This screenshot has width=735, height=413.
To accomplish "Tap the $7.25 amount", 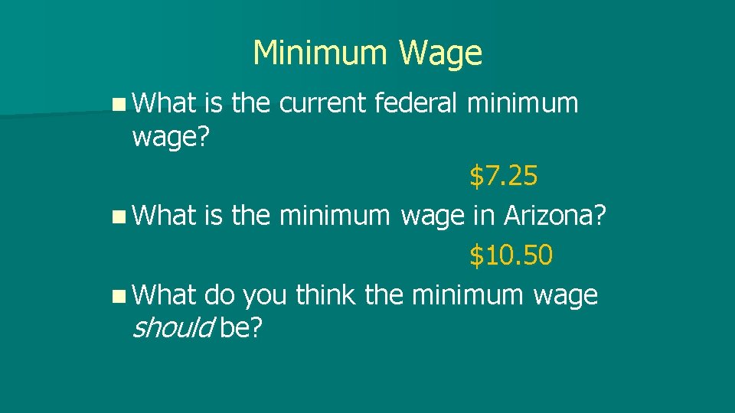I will pos(504,177).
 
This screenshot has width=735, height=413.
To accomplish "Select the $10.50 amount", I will pos(511,255).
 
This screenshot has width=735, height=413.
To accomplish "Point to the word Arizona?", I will pos(555,216).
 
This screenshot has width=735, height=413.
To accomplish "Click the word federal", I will pos(416,103).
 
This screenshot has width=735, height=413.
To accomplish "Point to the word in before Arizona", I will pos(483,216).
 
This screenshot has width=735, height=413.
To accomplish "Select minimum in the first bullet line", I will pos(524,103).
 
